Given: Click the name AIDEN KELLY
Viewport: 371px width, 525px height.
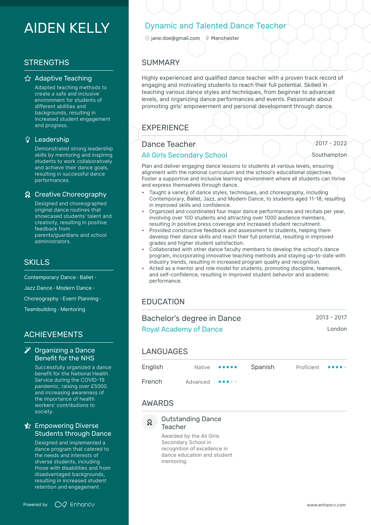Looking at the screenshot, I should click(x=67, y=28).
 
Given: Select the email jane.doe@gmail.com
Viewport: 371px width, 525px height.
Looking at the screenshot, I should click(x=175, y=38).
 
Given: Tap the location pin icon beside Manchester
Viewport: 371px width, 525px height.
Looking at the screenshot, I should click(x=207, y=38).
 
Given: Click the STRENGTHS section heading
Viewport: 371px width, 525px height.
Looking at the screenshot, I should click(x=47, y=62).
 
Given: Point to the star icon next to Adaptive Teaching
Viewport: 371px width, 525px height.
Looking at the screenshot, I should click(x=28, y=79).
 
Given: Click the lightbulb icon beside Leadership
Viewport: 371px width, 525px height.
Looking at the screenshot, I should click(x=28, y=140).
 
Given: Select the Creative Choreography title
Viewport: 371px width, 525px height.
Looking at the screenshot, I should click(x=70, y=194).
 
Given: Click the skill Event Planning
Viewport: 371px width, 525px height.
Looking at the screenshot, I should click(x=81, y=299).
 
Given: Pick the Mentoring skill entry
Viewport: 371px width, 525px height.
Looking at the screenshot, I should click(x=73, y=309).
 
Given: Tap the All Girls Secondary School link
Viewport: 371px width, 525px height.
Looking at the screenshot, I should click(x=184, y=155).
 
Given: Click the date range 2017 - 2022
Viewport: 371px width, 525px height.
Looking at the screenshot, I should click(x=331, y=143).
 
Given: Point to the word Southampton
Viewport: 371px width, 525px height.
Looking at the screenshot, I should click(x=329, y=155).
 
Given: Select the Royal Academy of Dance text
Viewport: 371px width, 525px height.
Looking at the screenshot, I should click(x=182, y=329).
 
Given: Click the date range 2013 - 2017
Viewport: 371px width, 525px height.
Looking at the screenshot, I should click(x=331, y=317).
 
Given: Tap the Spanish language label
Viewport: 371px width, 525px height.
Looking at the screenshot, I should click(x=262, y=367).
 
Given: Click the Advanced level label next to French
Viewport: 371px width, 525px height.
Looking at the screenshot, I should click(x=198, y=382).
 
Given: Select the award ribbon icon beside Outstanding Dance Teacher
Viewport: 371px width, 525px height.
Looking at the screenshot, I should click(x=150, y=422).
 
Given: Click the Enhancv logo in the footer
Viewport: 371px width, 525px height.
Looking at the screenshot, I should click(x=75, y=504).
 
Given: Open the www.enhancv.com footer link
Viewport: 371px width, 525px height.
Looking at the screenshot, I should click(x=326, y=505).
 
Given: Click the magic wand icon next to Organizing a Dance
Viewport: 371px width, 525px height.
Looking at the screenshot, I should click(x=28, y=350).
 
